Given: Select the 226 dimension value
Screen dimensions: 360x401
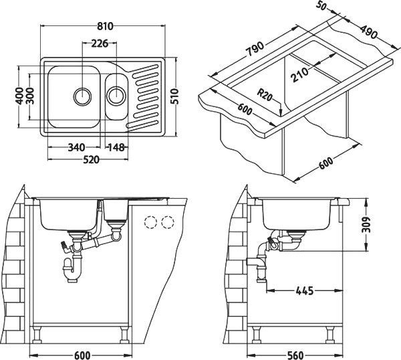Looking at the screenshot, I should tap(100, 44).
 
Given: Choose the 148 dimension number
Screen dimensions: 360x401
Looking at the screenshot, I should tap(116, 147).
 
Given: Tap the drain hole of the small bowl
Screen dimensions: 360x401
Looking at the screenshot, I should tap(116, 94).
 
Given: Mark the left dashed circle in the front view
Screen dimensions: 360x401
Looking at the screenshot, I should tap(152, 221).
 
